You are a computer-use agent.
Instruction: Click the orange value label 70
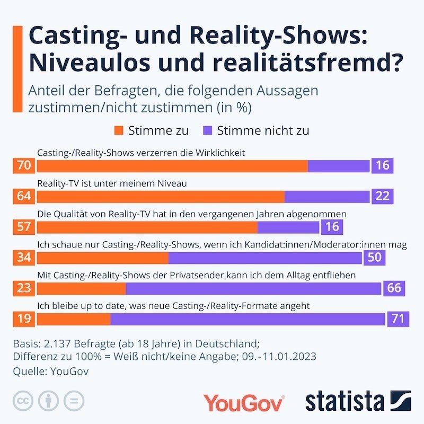24,166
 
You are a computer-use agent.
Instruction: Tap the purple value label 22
382,196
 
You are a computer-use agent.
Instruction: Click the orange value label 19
24,319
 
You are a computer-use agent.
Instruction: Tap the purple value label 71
397,319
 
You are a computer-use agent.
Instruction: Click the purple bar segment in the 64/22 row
326,196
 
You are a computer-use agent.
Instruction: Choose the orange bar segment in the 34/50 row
103,258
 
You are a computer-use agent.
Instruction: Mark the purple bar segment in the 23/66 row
253,288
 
